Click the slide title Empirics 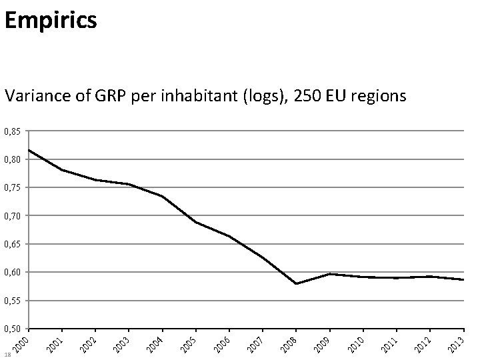pos(51,20)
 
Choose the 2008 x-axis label pos(289,343)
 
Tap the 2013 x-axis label pos(456,343)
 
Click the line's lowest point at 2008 pos(295,283)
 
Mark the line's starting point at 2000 pos(29,150)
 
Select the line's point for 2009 pos(329,274)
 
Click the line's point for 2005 pos(195,222)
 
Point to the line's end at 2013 pos(463,279)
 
